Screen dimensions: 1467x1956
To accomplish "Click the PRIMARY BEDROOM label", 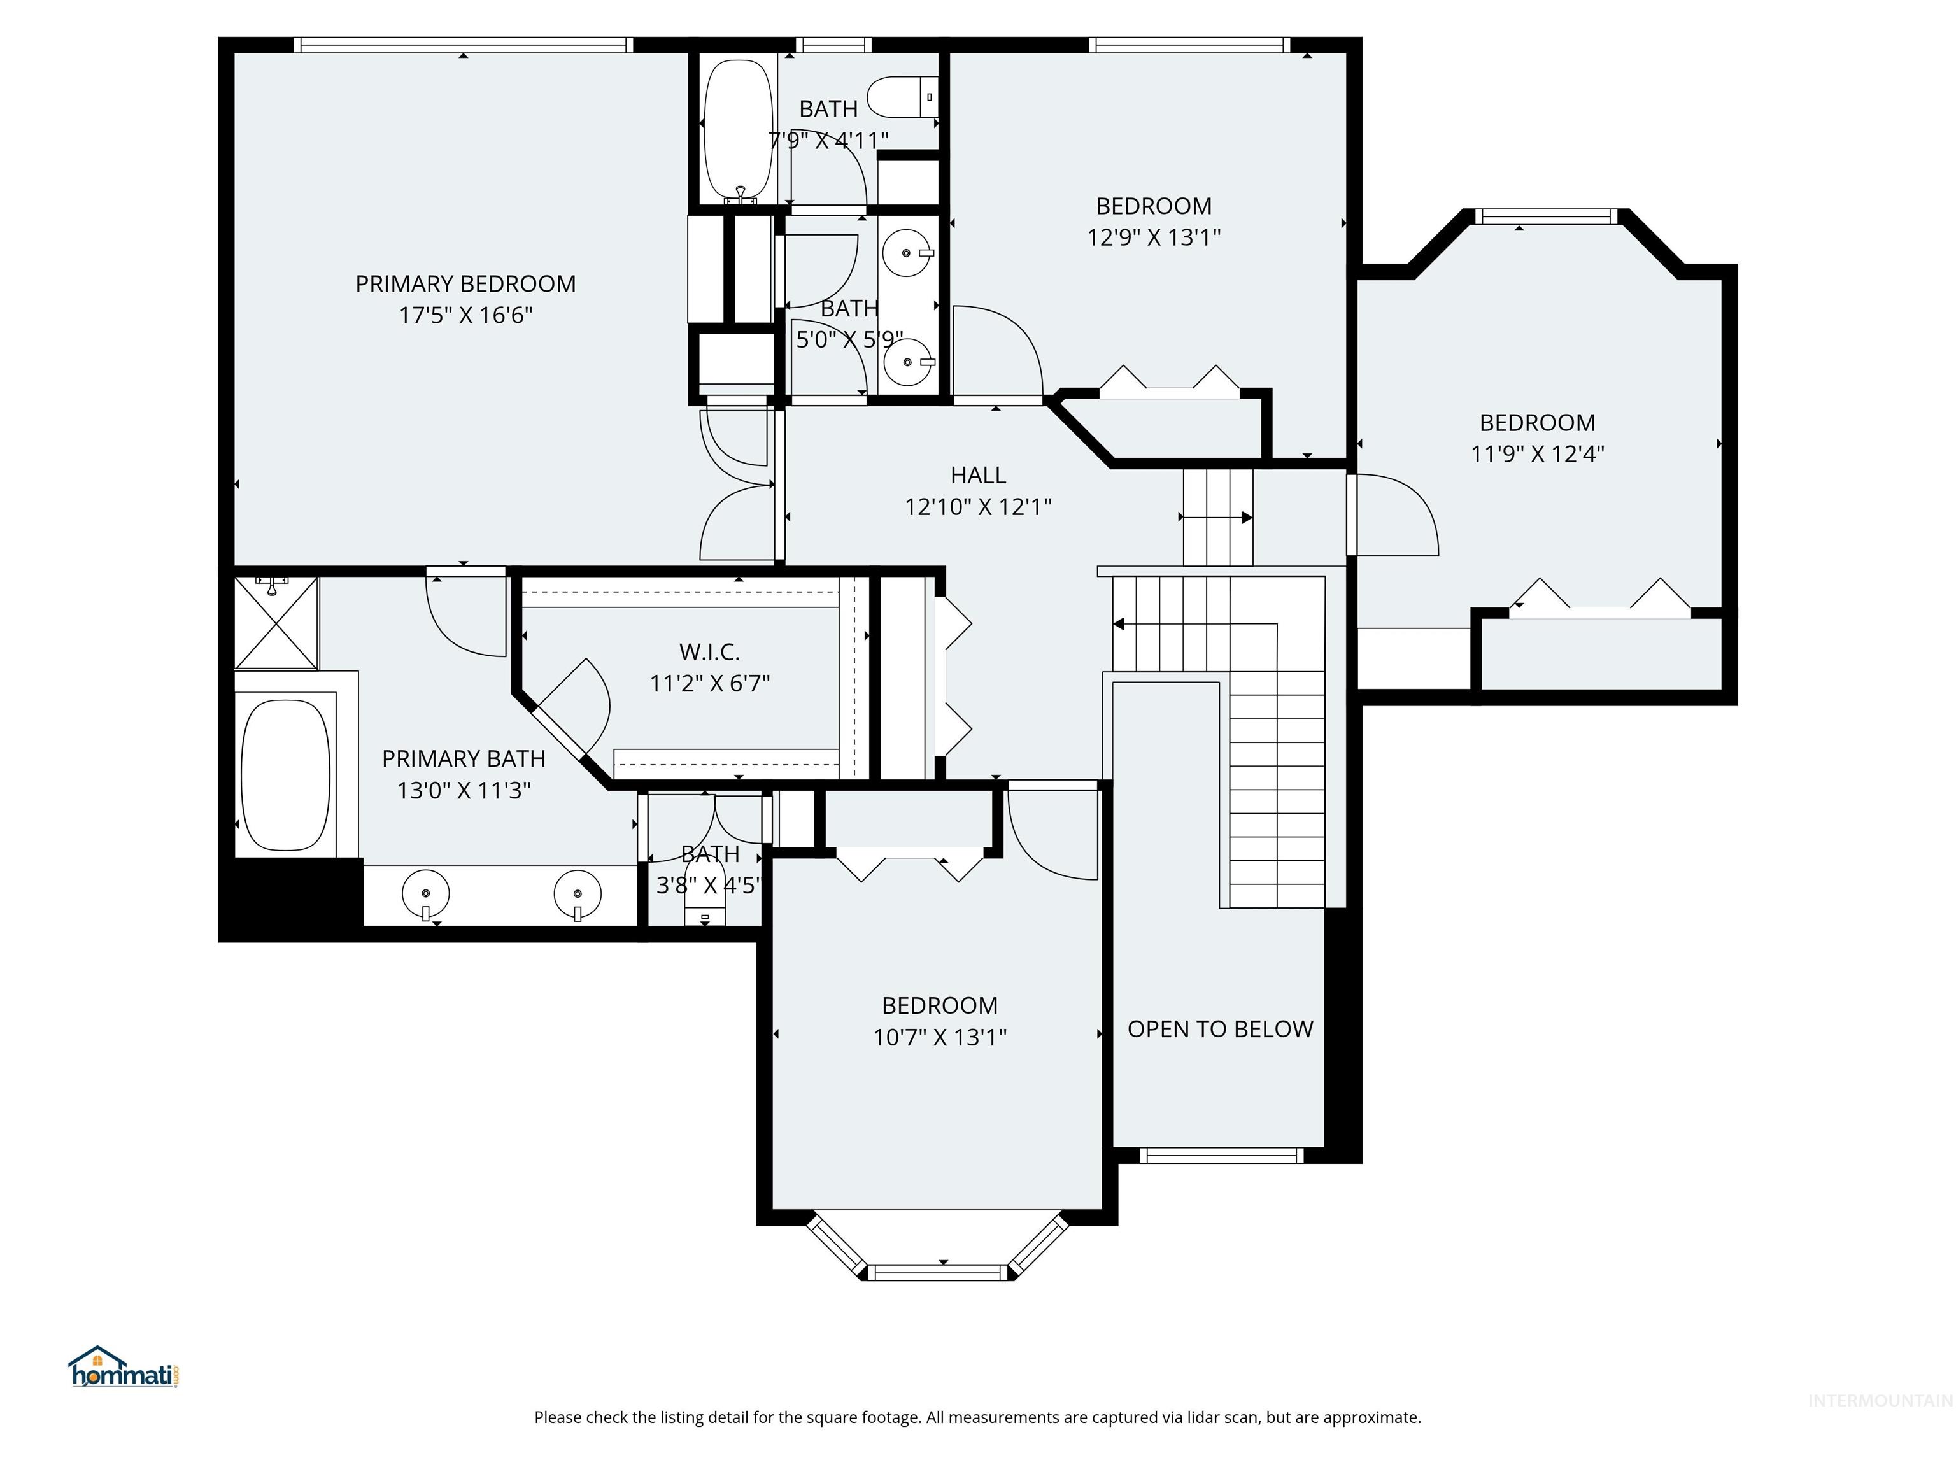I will click(465, 284).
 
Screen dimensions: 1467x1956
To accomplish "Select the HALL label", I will click(978, 476).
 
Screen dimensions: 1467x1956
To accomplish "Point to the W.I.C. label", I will click(709, 653).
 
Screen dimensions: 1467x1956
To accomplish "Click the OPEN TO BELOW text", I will click(1219, 1030).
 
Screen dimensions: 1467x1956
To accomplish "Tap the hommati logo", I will click(124, 1369).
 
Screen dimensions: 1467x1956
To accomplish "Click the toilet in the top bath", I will click(900, 97).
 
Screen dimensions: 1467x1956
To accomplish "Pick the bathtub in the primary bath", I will click(285, 776).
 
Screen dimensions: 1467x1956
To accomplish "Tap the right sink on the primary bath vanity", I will click(578, 893).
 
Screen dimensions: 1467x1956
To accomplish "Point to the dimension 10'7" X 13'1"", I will click(939, 1037).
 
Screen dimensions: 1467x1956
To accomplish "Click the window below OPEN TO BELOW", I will click(1221, 1155).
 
